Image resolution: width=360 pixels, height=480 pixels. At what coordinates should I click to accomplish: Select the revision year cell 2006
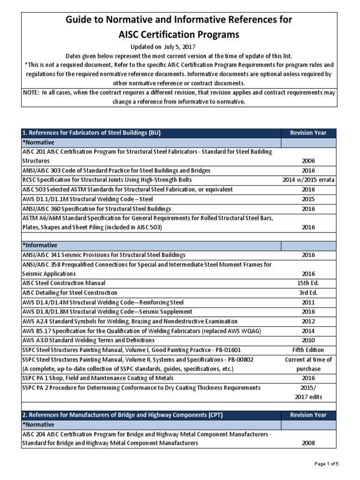[308, 161]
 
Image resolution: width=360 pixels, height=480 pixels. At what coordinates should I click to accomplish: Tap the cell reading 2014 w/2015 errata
[308, 180]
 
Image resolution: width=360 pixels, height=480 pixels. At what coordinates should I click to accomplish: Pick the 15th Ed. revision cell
[308, 283]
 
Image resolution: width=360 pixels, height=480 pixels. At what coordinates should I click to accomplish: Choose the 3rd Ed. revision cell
[308, 293]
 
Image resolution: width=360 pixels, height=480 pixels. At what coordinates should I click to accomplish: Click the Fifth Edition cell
[308, 350]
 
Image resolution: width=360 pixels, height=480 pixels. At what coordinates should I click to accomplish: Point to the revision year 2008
[308, 443]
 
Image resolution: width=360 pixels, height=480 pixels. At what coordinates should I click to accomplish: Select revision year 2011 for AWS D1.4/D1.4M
[308, 302]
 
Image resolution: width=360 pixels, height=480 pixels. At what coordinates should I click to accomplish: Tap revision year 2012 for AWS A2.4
[308, 321]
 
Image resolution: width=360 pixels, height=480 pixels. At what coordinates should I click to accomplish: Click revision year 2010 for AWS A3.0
[308, 340]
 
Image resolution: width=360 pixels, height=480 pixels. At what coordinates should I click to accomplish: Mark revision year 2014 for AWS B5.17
[308, 331]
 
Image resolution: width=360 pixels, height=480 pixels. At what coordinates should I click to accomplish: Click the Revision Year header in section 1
[308, 133]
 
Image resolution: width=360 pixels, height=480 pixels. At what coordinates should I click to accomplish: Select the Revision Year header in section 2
[308, 415]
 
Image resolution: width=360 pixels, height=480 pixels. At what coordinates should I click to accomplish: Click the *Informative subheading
[40, 246]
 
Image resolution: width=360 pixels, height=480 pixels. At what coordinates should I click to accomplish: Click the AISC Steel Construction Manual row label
[64, 283]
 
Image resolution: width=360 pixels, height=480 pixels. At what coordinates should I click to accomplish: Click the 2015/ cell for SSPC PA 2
[308, 388]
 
